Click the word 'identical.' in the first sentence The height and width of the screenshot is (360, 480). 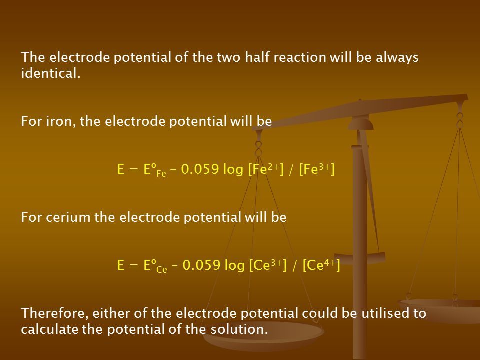[x=51, y=73]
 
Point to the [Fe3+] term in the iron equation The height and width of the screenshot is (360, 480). [x=317, y=169]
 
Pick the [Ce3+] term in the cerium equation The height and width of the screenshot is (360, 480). [x=268, y=265]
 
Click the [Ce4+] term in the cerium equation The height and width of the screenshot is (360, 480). [x=321, y=265]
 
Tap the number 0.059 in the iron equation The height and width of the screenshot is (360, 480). [x=200, y=169]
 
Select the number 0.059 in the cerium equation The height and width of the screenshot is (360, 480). [x=201, y=265]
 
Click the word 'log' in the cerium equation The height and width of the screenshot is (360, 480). [x=235, y=265]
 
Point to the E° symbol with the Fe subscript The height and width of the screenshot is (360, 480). [x=155, y=170]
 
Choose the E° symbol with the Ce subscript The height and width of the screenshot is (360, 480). [x=155, y=265]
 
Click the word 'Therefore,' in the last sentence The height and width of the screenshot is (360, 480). [x=55, y=313]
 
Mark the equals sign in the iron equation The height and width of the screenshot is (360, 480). [x=134, y=170]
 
